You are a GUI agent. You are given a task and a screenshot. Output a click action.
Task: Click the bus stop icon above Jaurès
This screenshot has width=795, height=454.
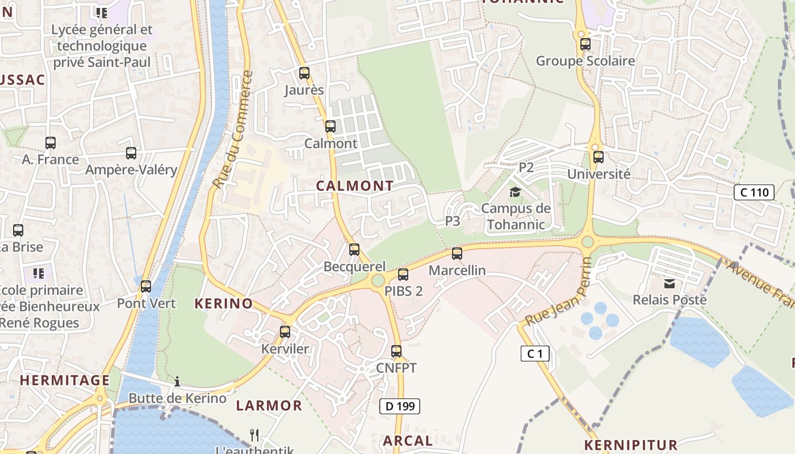tap(304, 73)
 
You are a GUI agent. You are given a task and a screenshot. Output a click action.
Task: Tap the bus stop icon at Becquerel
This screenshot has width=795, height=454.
tap(354, 250)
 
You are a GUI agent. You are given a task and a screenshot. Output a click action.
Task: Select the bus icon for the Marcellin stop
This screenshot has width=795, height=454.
tap(457, 254)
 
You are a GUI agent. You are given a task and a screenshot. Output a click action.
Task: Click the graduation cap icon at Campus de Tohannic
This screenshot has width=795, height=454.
tap(515, 192)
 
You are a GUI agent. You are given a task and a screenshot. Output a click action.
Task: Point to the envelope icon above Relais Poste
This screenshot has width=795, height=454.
tap(670, 283)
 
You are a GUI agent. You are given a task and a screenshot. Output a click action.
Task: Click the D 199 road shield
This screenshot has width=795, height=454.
tap(400, 406)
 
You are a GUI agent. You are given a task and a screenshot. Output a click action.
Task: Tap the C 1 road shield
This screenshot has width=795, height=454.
tap(535, 354)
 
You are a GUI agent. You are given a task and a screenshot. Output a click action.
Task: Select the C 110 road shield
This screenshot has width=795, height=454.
tap(754, 192)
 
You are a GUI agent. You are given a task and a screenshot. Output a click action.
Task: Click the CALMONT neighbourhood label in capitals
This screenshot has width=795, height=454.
tap(355, 186)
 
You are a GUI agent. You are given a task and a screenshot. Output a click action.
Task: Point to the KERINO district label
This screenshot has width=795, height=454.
tap(224, 303)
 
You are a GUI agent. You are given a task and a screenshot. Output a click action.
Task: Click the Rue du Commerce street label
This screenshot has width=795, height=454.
tap(232, 130)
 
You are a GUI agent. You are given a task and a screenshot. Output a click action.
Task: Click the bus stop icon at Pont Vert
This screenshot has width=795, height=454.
tap(146, 287)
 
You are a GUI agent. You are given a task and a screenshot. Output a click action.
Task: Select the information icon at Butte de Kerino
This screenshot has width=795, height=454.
tap(177, 381)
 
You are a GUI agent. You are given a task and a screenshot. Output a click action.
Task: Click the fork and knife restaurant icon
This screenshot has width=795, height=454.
tap(254, 435)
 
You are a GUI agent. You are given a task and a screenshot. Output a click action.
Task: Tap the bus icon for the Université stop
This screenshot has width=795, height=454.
tap(598, 157)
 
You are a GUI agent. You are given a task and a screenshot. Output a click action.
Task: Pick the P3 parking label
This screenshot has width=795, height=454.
tap(453, 221)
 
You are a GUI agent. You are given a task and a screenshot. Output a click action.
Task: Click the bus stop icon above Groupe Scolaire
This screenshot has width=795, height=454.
tap(585, 44)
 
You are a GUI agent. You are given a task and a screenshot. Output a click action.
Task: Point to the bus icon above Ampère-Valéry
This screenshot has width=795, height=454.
tap(131, 153)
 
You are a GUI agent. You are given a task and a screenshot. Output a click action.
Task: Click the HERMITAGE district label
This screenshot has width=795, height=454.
tap(65, 380)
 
